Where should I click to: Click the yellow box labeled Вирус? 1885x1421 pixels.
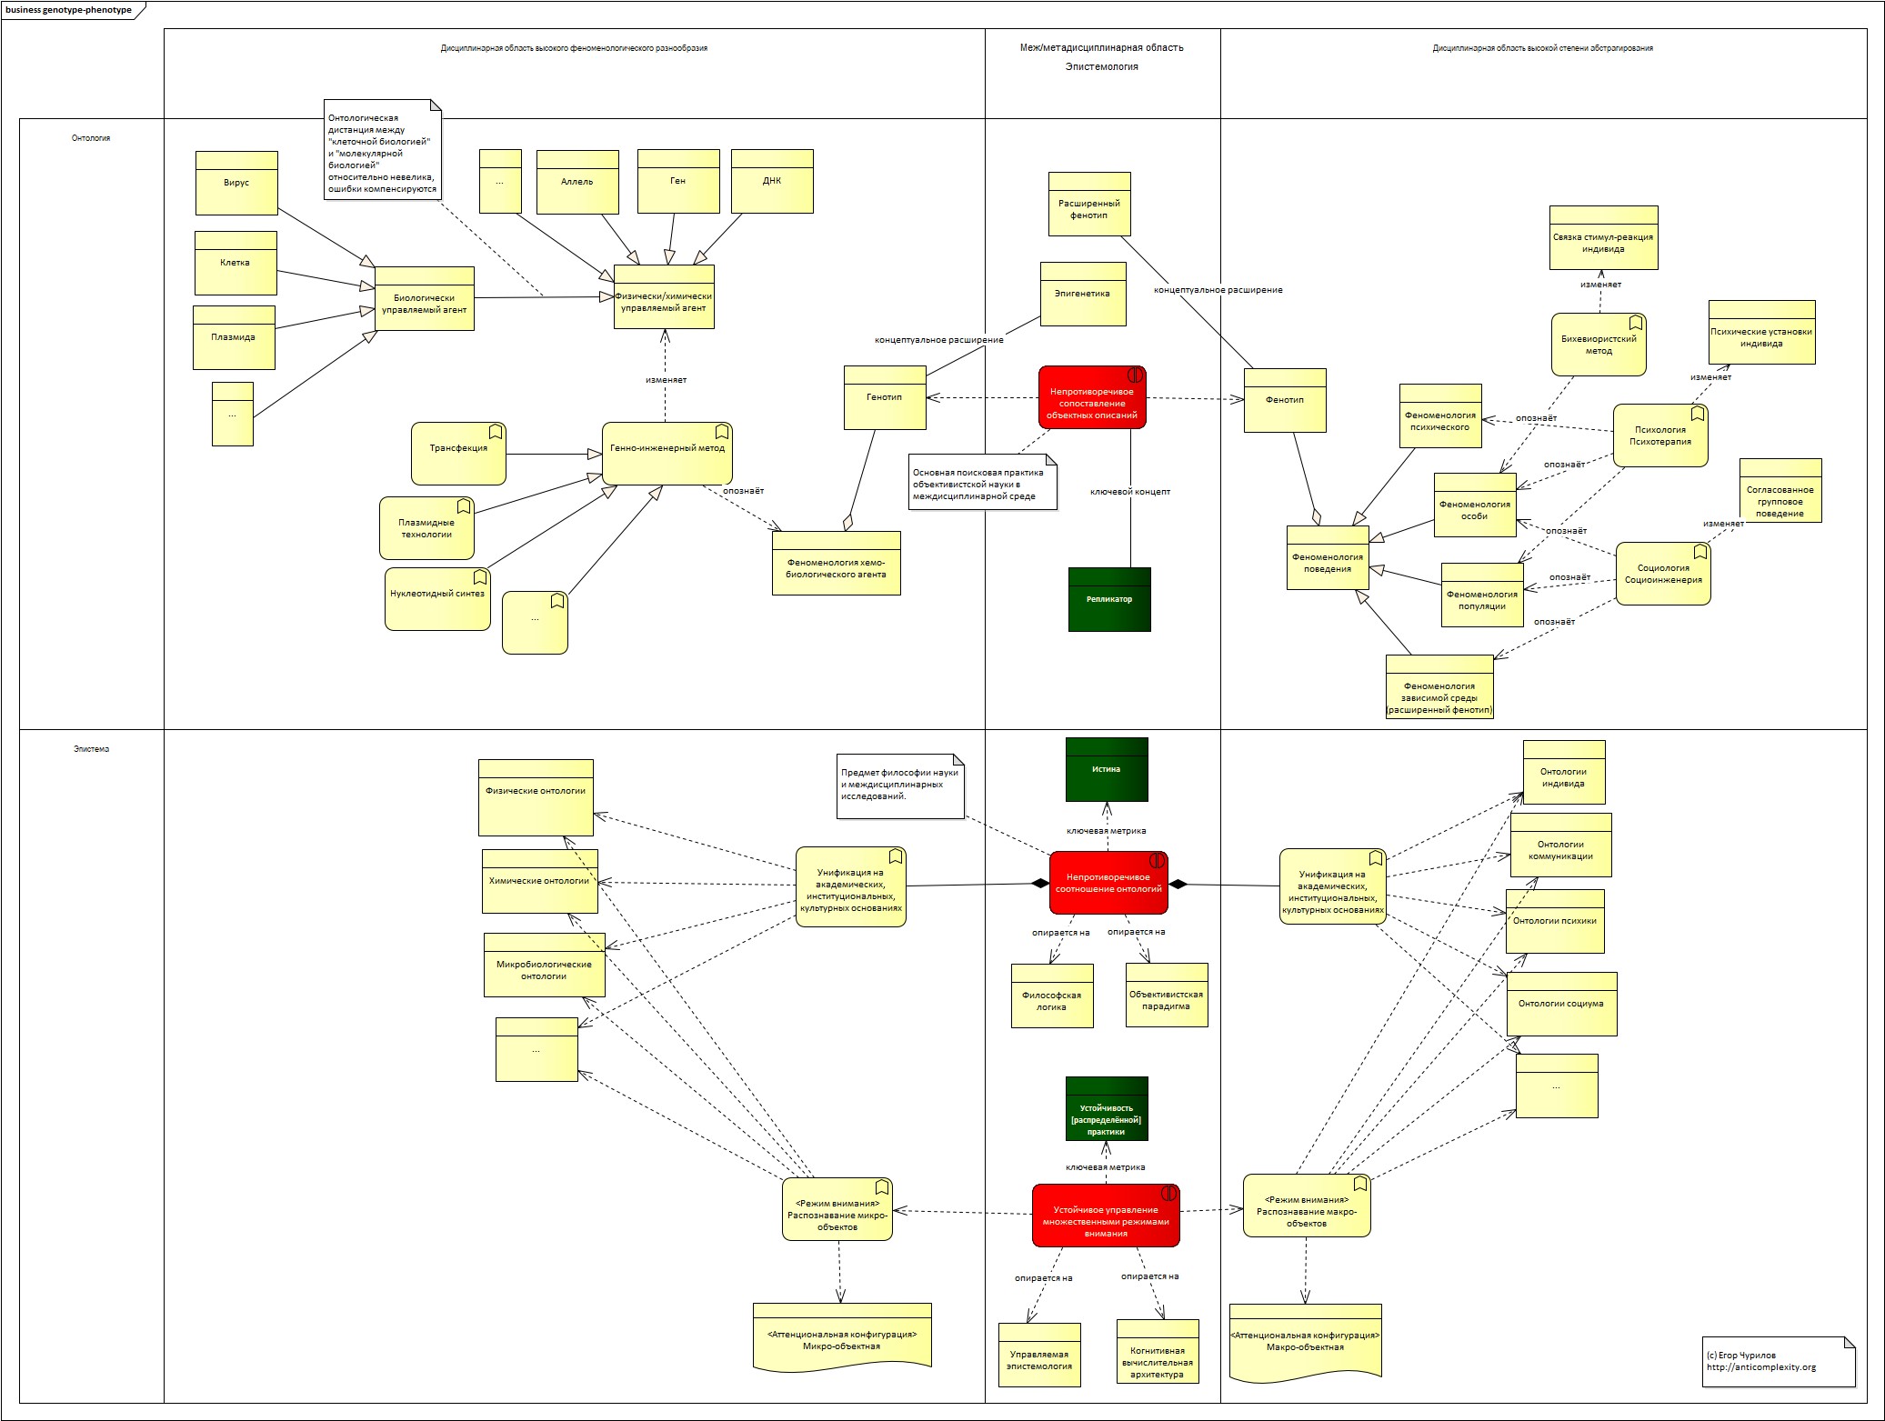[x=236, y=183]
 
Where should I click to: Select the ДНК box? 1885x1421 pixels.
[x=772, y=181]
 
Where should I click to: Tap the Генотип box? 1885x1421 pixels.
[x=885, y=397]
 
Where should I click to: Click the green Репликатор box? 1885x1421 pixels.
[x=1109, y=599]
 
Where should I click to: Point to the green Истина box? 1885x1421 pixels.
[x=1107, y=769]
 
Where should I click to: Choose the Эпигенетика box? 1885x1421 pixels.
[x=1082, y=294]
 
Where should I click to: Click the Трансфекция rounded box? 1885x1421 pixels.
[x=458, y=453]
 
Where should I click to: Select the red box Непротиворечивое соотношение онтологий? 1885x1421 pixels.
[x=1108, y=883]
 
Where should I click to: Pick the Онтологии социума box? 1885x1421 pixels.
[x=1561, y=1004]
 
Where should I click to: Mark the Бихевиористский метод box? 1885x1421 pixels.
[x=1599, y=345]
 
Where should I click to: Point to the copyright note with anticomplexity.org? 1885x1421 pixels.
[x=1778, y=1361]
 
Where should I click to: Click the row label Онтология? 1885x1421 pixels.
[x=91, y=138]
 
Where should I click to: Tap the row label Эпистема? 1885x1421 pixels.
[x=91, y=749]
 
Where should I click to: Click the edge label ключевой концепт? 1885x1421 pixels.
[x=1130, y=492]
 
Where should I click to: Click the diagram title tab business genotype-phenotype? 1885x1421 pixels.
[x=68, y=10]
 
